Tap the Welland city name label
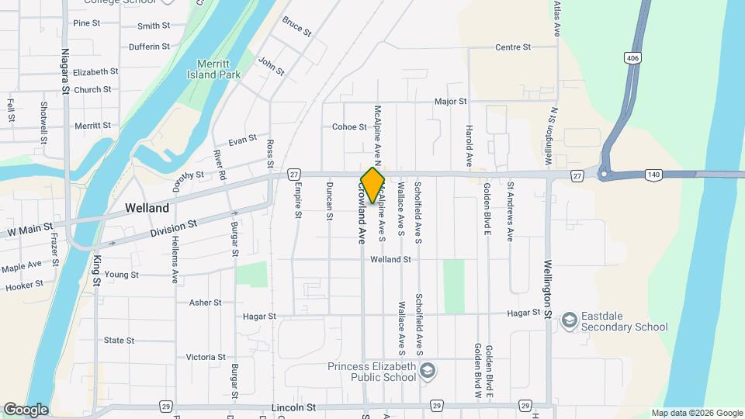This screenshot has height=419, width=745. pyautogui.click(x=147, y=208)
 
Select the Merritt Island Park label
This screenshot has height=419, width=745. pyautogui.click(x=213, y=69)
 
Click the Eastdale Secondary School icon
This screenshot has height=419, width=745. pyautogui.click(x=569, y=320)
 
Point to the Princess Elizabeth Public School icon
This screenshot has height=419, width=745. pyautogui.click(x=426, y=372)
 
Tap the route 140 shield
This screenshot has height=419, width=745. pyautogui.click(x=654, y=176)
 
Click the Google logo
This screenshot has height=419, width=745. pyautogui.click(x=26, y=410)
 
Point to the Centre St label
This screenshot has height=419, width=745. pyautogui.click(x=512, y=47)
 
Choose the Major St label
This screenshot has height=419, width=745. pyautogui.click(x=450, y=102)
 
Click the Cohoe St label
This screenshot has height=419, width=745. pyautogui.click(x=348, y=126)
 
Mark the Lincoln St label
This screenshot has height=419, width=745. pyautogui.click(x=294, y=407)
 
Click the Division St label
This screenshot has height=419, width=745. pyautogui.click(x=174, y=228)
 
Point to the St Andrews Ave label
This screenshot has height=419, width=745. pyautogui.click(x=511, y=212)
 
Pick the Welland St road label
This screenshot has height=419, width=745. pyautogui.click(x=390, y=259)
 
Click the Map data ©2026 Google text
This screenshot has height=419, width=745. pyautogui.click(x=697, y=413)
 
